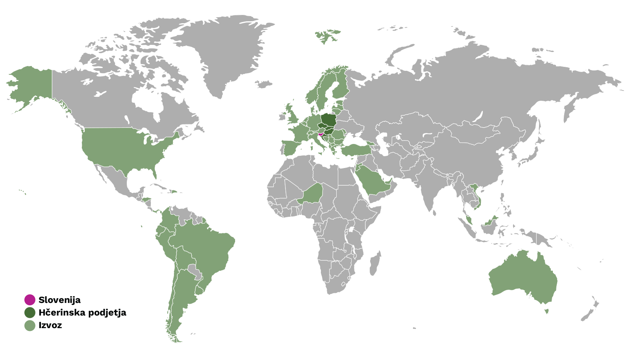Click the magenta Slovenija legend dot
point(30,300)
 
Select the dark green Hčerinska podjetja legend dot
point(30,313)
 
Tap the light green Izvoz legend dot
point(30,325)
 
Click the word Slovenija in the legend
point(59,300)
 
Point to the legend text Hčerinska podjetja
point(82,313)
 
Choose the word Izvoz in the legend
point(50,325)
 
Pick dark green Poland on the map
point(328,119)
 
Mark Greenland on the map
point(220,51)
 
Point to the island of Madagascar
point(375,264)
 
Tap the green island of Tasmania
point(547,312)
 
